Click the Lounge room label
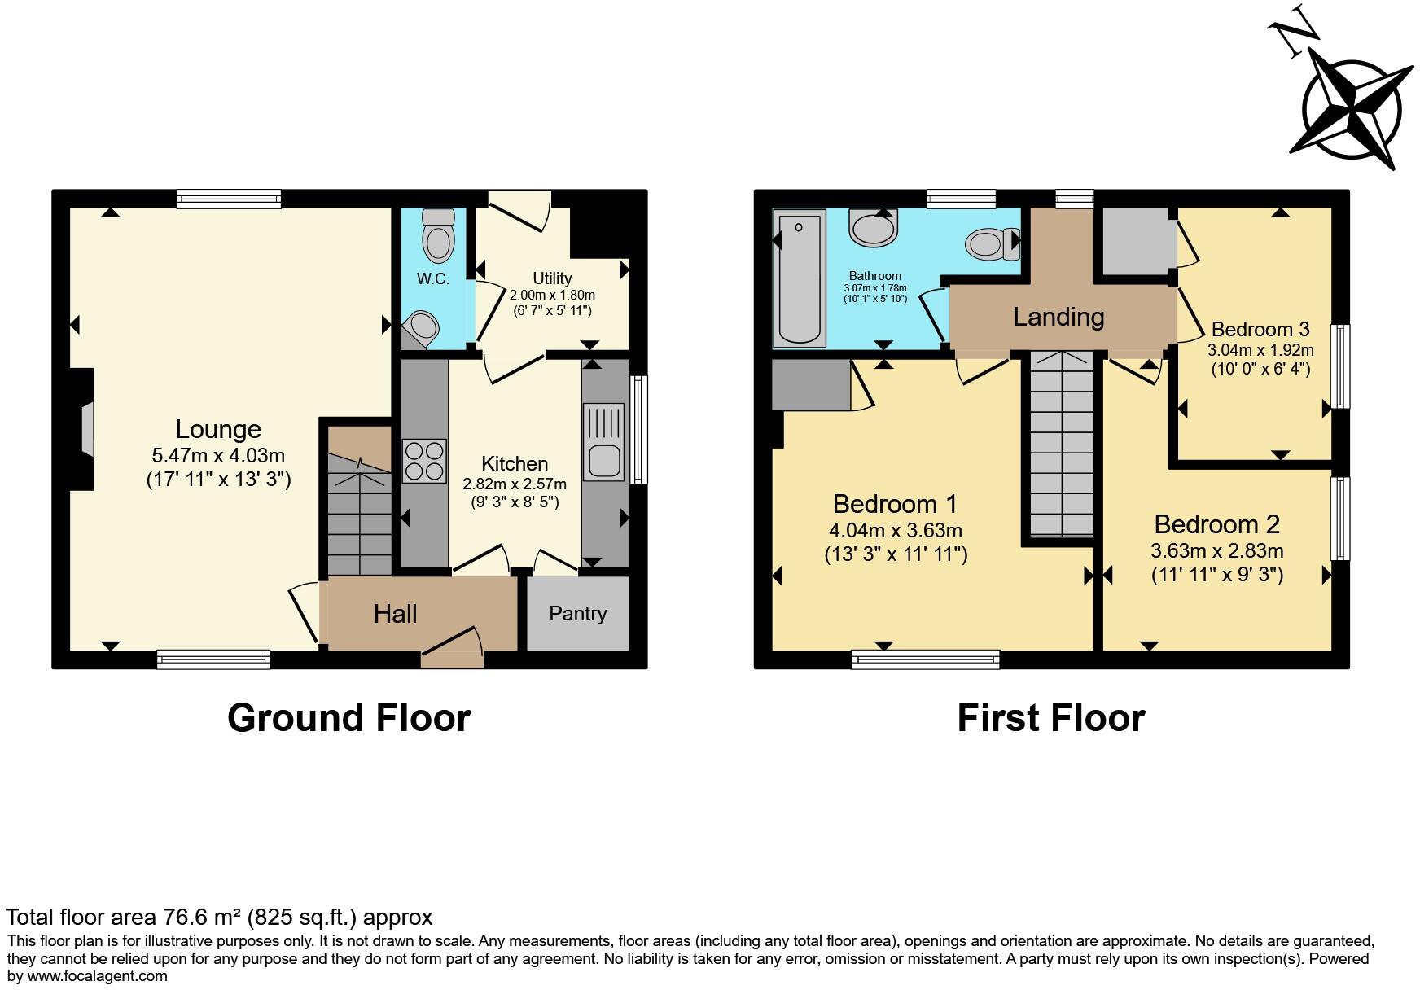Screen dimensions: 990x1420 pos(218,430)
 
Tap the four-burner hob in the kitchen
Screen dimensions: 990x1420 pos(424,462)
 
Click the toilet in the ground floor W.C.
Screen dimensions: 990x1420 pos(439,235)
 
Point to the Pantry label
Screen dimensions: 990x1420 pos(577,614)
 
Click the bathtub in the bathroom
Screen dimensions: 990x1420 pos(800,278)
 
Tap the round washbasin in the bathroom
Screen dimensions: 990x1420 pos(874,226)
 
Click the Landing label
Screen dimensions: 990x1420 pos(1058,317)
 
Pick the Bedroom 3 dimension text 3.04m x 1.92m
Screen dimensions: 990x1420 pos(1260,351)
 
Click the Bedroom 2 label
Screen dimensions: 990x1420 pos(1216,524)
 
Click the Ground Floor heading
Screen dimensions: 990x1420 pos(348,718)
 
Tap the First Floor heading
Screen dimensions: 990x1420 pos(1050,718)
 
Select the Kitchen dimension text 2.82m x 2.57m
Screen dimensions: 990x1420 pos(515,484)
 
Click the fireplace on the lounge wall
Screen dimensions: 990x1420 pos(84,429)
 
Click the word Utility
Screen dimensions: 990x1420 pos(552,278)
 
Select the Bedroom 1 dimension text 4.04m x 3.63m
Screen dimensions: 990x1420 pos(896,531)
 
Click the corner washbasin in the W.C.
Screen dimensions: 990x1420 pos(422,328)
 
